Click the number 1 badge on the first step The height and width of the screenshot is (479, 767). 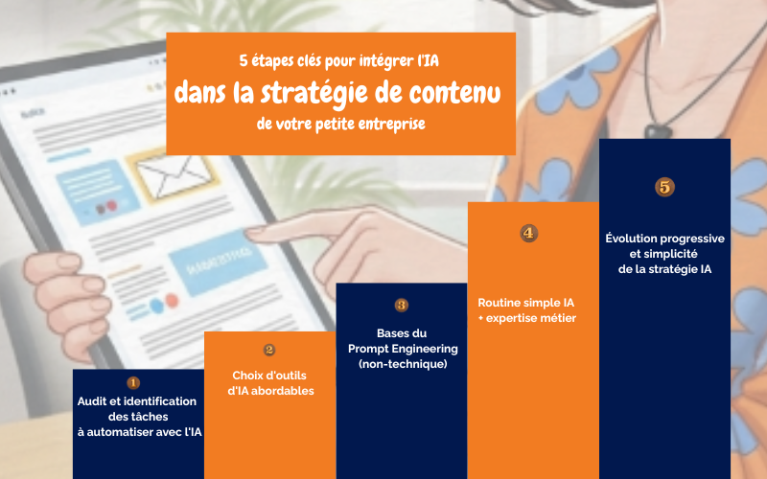click(x=133, y=383)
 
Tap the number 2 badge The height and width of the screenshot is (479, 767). click(x=269, y=350)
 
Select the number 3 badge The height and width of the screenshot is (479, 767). click(x=401, y=305)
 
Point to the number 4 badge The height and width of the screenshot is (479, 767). click(x=528, y=233)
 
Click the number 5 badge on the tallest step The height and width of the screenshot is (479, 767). click(x=664, y=187)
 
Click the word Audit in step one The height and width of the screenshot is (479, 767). click(x=94, y=400)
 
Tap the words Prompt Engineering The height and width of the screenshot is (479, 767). click(x=403, y=349)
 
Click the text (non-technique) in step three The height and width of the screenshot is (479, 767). click(x=403, y=365)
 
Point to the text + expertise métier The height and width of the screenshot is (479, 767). click(x=527, y=318)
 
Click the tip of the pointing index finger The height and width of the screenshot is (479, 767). click(x=248, y=234)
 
